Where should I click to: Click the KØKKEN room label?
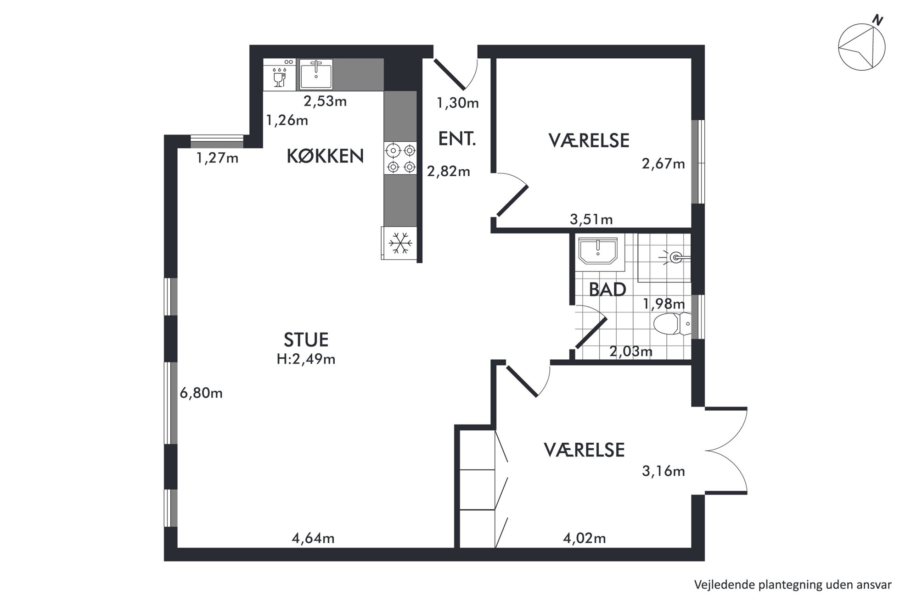325,156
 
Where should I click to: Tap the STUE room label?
306,340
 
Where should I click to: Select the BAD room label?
607,290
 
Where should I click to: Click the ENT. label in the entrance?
457,139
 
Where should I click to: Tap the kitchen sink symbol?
316,74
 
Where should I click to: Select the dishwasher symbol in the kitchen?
280,74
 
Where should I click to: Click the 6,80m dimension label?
201,393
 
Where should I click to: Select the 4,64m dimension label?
313,538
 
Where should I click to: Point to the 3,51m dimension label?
591,220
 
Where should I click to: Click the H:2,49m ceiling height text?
306,359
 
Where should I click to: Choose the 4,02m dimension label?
585,538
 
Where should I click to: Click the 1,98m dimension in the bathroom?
664,304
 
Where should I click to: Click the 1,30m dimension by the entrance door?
458,103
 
